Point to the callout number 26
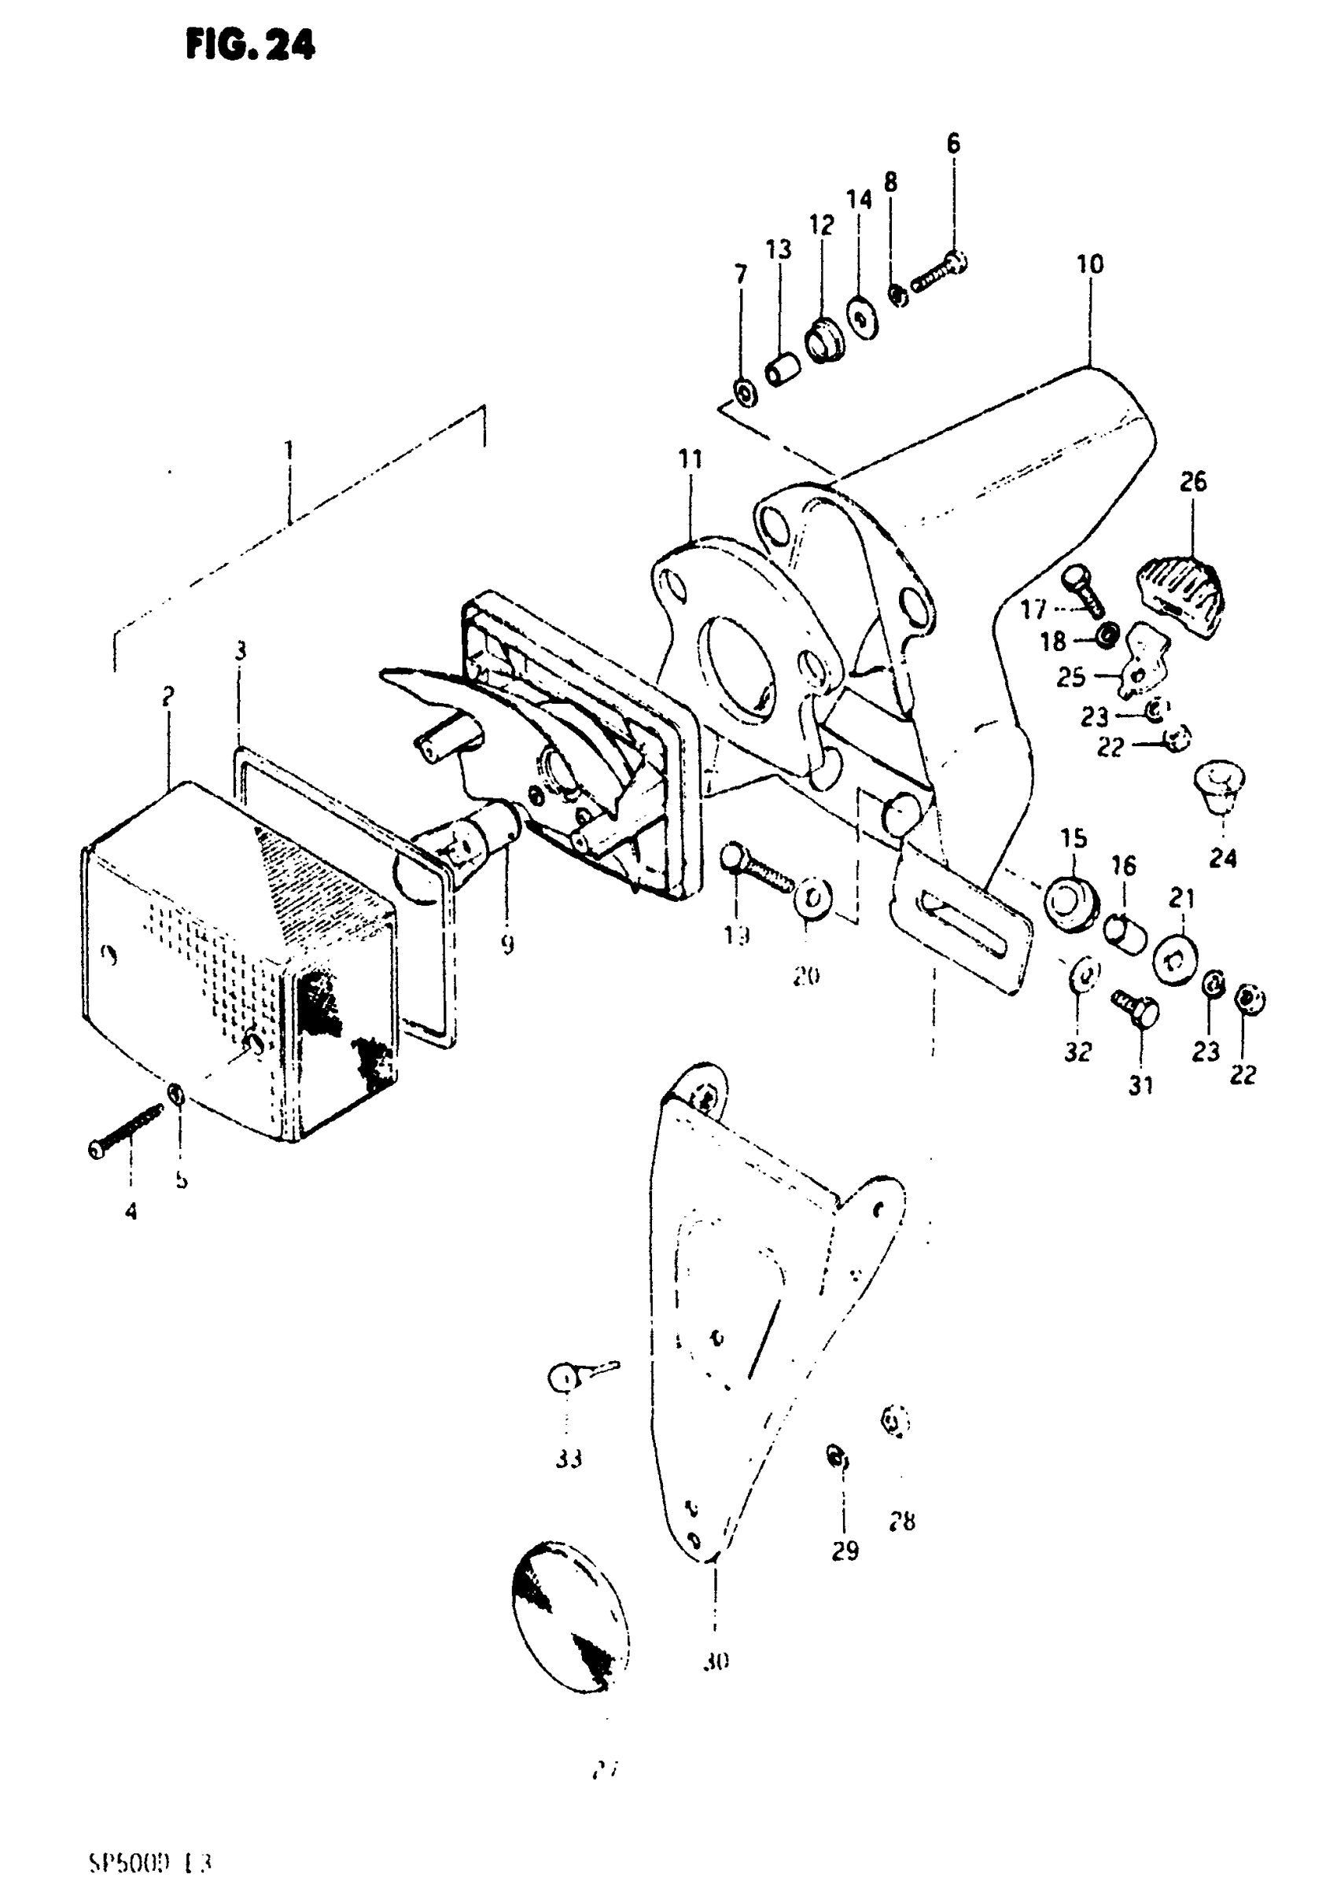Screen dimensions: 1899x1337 1193,481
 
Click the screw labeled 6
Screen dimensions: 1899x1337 940,274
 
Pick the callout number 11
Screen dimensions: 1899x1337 690,460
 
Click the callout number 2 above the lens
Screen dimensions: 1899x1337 168,697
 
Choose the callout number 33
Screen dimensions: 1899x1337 569,1459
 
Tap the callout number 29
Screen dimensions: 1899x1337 845,1551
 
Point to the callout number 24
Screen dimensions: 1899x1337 1222,859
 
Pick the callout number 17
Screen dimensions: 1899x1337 1033,610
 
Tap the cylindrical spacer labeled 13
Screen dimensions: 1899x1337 782,369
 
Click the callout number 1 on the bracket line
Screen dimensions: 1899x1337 289,451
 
